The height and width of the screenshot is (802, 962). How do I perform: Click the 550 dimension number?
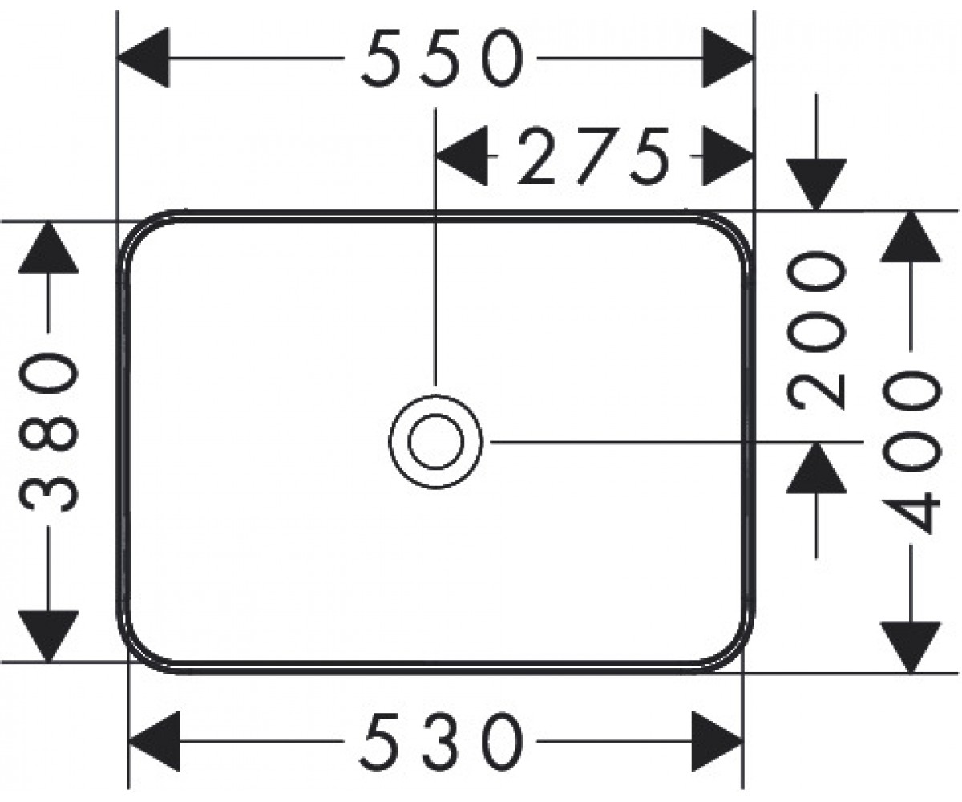443,59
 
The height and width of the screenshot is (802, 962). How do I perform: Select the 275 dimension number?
593,156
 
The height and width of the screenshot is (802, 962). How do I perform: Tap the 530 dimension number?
442,741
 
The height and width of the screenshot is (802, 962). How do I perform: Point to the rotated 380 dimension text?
48,432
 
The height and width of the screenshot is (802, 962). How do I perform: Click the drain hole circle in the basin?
435,441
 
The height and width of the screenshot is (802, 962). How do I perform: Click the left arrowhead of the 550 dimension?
143,58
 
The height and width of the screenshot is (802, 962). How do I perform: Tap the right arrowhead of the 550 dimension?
728,58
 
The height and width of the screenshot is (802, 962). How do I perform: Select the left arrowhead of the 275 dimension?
462,156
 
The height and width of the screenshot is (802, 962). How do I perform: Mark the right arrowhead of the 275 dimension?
728,156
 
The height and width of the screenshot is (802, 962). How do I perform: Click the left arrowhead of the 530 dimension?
155,741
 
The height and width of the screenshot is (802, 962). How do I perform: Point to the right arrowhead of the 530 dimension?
717,741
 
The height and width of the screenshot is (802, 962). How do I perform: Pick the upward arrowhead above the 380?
48,248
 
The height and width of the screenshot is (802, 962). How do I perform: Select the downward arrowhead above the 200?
816,184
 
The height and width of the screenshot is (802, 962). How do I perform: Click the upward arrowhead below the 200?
816,468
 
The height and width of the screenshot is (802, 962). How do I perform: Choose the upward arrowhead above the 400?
911,237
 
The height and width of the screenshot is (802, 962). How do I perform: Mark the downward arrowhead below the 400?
911,647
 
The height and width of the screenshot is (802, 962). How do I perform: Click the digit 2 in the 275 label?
538,156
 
